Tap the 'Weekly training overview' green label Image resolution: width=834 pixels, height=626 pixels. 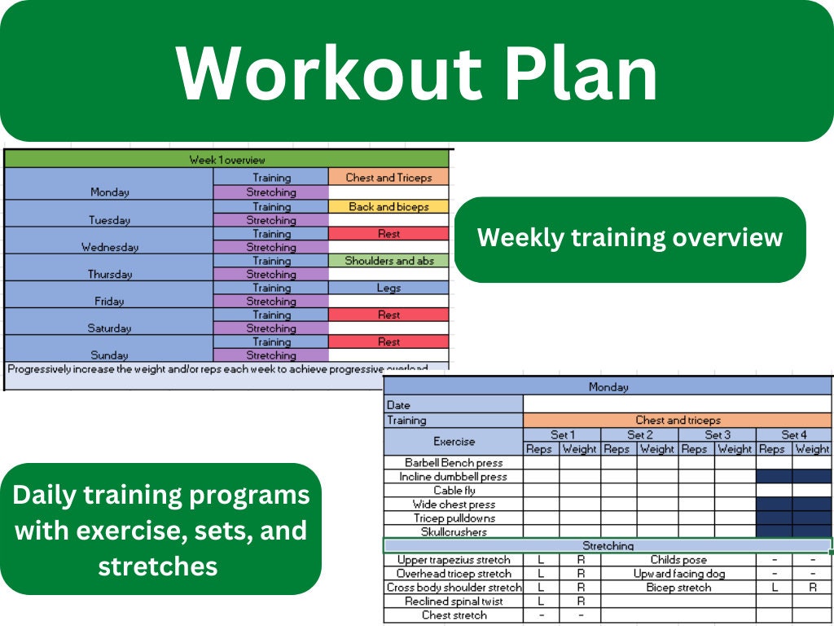(630, 238)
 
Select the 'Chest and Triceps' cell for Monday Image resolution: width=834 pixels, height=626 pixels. (388, 178)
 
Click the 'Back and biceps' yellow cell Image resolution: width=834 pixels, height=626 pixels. (388, 207)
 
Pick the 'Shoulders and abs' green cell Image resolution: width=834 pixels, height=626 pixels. (388, 261)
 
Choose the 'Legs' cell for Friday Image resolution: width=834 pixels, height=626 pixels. (388, 288)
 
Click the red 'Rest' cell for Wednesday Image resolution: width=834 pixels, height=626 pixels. (388, 234)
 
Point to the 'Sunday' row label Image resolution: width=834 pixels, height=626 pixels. (109, 355)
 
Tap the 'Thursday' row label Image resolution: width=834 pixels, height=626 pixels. (109, 275)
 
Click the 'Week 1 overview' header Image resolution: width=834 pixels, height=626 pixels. (227, 160)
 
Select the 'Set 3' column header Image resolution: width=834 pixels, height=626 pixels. (717, 435)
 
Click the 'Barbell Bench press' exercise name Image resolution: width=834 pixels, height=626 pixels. (454, 462)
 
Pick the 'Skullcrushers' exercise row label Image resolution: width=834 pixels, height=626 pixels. (454, 531)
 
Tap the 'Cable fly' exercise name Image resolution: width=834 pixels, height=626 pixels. (454, 491)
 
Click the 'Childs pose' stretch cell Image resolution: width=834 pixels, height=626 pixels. (678, 560)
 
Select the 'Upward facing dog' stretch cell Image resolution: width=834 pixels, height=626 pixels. (678, 574)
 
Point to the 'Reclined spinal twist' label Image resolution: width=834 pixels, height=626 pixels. (454, 602)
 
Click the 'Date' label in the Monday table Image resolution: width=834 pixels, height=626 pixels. (399, 405)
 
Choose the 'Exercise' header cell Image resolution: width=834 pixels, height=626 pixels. (454, 442)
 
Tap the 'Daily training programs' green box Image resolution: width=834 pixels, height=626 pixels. (161, 530)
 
